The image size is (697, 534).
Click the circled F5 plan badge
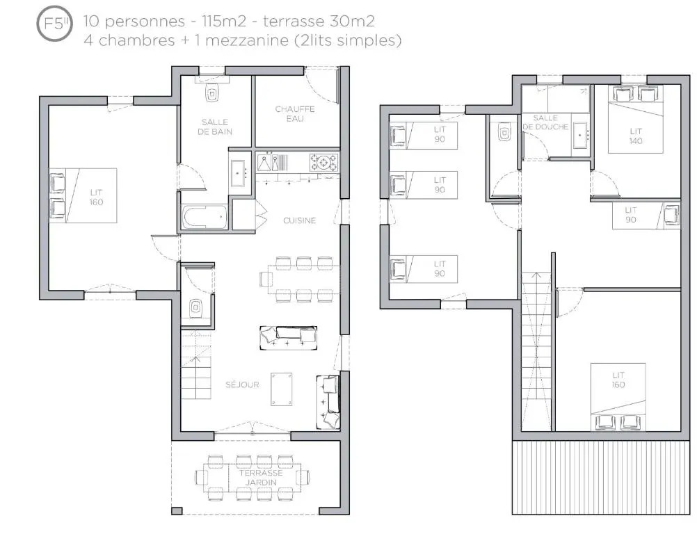[54, 23]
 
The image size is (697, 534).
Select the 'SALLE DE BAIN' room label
[215, 127]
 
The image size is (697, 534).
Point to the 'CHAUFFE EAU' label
[295, 114]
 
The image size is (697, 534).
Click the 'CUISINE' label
[300, 220]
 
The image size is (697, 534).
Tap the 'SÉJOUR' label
[242, 385]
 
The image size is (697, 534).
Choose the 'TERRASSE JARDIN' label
[262, 478]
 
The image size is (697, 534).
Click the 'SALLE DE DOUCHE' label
[545, 122]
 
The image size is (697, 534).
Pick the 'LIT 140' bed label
[636, 136]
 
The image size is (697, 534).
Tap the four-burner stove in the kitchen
[323, 162]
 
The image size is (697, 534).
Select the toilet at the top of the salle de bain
[212, 92]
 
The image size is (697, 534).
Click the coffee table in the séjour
[282, 389]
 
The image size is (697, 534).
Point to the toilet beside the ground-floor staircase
[195, 307]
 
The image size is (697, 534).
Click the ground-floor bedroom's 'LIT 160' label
[97, 197]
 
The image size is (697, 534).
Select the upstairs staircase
[536, 351]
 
